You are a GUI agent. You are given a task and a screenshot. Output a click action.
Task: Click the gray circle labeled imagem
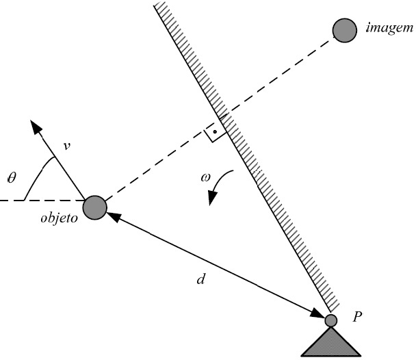coord(344,30)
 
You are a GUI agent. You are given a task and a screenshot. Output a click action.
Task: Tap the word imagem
coord(389,28)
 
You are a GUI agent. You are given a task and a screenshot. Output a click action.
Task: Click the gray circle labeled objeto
coord(94,208)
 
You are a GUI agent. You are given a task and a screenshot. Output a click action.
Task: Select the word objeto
coord(59,218)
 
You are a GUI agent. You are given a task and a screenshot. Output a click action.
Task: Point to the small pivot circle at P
coord(331,320)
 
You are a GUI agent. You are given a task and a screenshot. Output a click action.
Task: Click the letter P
coord(357,316)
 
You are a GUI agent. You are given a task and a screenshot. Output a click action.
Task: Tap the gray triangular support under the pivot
coord(331,343)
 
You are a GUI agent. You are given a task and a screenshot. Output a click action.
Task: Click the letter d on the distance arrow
coord(201,279)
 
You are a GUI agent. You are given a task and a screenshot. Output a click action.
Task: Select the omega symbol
coord(205,177)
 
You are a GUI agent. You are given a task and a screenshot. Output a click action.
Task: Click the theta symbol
coord(12,177)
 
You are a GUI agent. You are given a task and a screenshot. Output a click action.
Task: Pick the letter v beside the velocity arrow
coord(67,146)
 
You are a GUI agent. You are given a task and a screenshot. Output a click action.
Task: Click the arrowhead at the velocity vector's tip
coord(36,126)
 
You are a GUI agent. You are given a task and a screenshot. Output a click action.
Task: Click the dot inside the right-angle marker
coord(215,131)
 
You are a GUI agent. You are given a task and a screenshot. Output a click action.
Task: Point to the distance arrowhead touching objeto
coord(114,216)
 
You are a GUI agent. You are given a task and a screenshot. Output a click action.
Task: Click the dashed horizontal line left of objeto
coord(42,200)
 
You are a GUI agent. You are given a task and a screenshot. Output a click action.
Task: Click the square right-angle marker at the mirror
coord(215,131)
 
